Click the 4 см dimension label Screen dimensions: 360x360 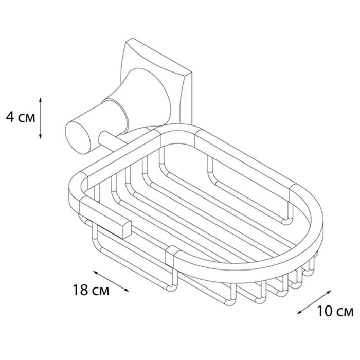pyautogui.click(x=21, y=117)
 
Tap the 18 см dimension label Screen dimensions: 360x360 pyautogui.click(x=91, y=290)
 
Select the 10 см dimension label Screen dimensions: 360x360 pyautogui.click(x=335, y=311)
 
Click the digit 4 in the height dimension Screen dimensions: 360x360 pyautogui.click(x=10, y=117)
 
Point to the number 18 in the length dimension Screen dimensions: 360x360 pyautogui.click(x=81, y=290)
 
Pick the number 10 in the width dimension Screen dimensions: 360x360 pyautogui.click(x=325, y=311)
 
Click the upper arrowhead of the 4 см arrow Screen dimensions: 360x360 pyautogui.click(x=40, y=100)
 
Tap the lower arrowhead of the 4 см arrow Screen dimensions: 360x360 pyautogui.click(x=40, y=136)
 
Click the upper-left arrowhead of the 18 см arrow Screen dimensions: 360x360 pyautogui.click(x=96, y=273)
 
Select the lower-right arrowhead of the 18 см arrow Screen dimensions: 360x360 pyautogui.click(x=126, y=290)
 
